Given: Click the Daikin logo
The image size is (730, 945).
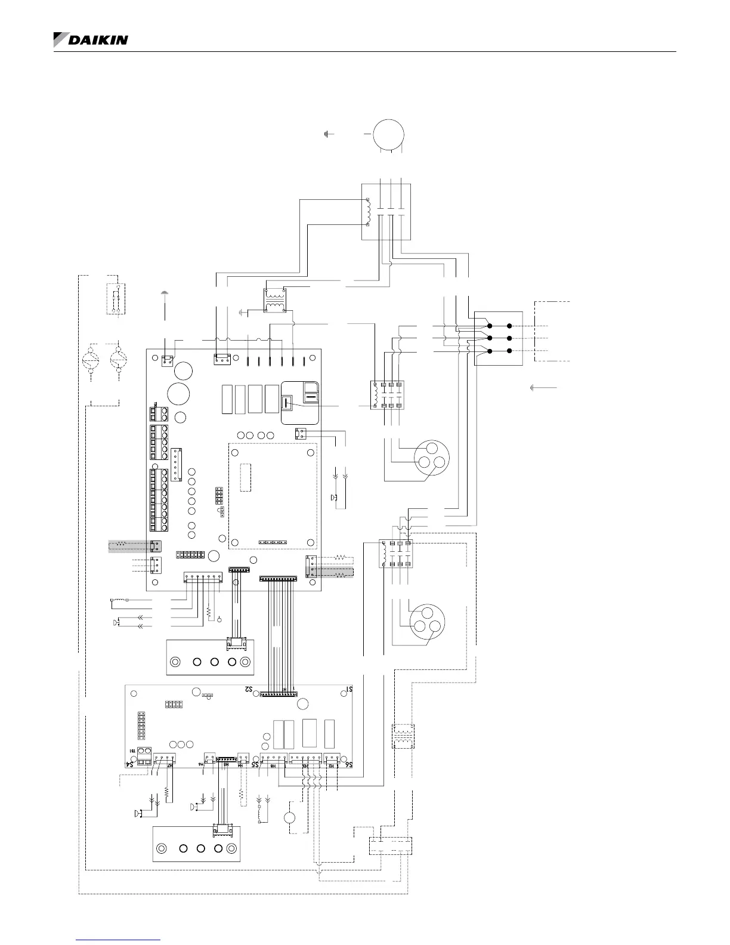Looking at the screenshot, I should [91, 40].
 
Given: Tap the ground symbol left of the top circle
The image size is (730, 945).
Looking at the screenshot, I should [327, 134].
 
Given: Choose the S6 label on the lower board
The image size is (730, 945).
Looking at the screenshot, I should [350, 764].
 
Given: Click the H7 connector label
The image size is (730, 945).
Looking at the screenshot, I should [171, 765].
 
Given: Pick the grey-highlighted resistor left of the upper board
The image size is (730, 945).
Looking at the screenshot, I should [122, 544].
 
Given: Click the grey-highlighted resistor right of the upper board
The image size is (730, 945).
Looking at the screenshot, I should [342, 574].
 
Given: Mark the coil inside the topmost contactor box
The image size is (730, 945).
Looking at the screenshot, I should [369, 212].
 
